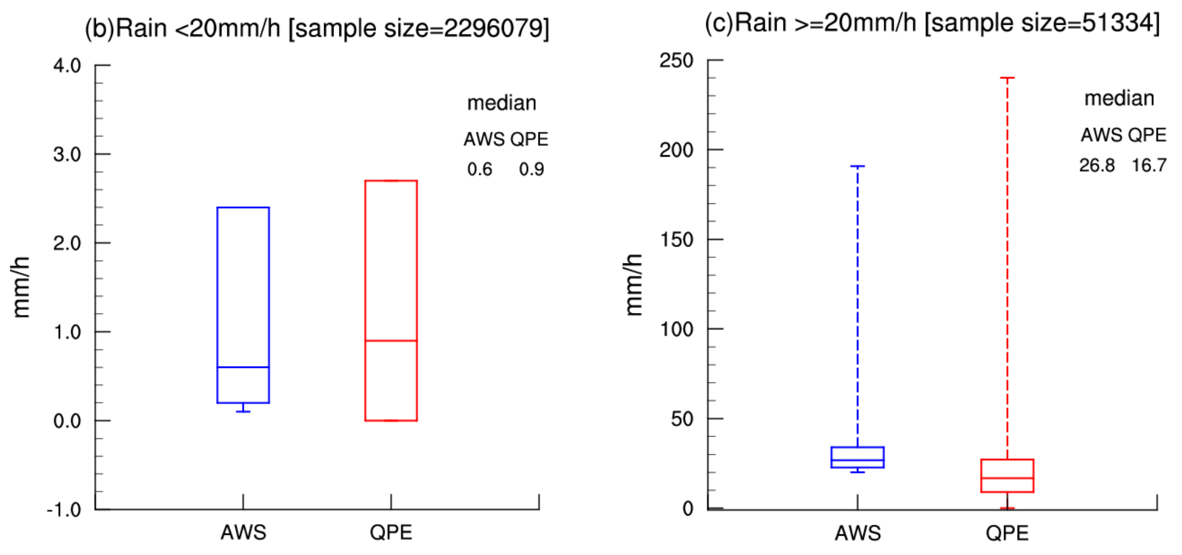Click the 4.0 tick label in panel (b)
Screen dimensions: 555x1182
pos(67,65)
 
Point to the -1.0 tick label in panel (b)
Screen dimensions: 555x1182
pos(64,510)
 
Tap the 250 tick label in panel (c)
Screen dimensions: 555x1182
pos(676,61)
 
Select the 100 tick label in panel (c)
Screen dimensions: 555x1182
pos(676,329)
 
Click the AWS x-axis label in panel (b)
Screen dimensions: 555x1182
pos(243,533)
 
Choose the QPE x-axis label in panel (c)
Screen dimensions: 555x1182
pos(1007,533)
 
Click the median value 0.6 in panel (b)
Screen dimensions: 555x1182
pos(480,170)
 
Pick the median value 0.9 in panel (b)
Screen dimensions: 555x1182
pos(531,170)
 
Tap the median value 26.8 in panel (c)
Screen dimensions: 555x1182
pos(1097,165)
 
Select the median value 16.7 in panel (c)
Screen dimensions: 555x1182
pos(1149,165)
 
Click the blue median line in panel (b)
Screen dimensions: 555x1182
pos(243,367)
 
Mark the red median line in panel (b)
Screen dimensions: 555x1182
pos(391,341)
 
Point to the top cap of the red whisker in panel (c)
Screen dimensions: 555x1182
pos(1007,78)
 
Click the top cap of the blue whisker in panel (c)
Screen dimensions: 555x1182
pos(857,166)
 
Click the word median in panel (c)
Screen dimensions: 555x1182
pos(1119,98)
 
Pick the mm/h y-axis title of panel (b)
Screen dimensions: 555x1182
pos(21,287)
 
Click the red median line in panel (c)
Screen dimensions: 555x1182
pos(1007,478)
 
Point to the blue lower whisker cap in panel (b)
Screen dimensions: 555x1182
pos(243,412)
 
